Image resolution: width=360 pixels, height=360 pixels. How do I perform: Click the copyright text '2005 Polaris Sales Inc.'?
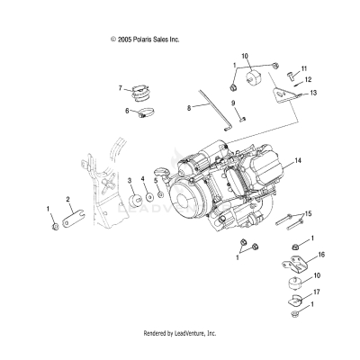(145, 40)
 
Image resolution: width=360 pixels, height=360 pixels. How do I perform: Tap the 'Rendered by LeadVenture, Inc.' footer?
(180, 333)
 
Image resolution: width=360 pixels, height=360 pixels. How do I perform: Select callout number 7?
(119, 88)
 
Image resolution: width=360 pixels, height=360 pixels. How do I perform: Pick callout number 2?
(67, 199)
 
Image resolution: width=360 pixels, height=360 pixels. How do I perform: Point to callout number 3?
(130, 181)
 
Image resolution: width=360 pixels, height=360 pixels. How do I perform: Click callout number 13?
(312, 93)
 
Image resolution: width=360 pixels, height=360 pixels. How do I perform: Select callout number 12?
(308, 80)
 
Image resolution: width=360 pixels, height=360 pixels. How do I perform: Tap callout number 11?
(303, 68)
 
